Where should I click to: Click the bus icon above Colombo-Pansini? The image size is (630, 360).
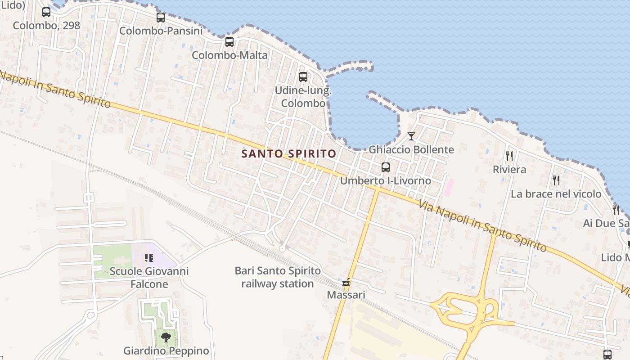pyautogui.click(x=161, y=18)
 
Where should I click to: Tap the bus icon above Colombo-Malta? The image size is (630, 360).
pyautogui.click(x=229, y=42)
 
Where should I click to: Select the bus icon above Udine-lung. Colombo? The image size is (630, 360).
pyautogui.click(x=303, y=76)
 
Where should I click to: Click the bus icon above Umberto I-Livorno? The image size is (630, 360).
pyautogui.click(x=386, y=167)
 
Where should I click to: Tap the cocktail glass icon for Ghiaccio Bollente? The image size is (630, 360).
pyautogui.click(x=411, y=136)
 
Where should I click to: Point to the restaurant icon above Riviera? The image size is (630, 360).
pyautogui.click(x=509, y=156)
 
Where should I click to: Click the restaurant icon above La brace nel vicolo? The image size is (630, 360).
pyautogui.click(x=556, y=180)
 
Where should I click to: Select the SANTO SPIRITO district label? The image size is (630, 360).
pyautogui.click(x=289, y=153)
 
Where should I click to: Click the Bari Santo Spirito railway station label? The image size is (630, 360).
pyautogui.click(x=278, y=277)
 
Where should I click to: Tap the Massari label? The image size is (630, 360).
pyautogui.click(x=346, y=295)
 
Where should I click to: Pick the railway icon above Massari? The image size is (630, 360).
pyautogui.click(x=346, y=283)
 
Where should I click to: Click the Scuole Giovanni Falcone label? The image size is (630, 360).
pyautogui.click(x=149, y=278)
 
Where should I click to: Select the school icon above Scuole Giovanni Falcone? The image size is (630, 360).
pyautogui.click(x=149, y=258)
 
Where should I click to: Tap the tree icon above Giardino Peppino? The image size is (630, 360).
pyautogui.click(x=166, y=337)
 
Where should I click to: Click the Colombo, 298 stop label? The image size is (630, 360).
pyautogui.click(x=46, y=25)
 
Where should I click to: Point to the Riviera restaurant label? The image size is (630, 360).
pyautogui.click(x=509, y=170)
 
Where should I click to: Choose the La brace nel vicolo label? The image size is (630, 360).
pyautogui.click(x=556, y=194)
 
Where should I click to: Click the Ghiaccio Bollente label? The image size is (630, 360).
pyautogui.click(x=411, y=149)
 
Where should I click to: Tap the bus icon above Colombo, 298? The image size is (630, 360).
pyautogui.click(x=46, y=12)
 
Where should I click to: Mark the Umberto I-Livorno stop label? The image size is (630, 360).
pyautogui.click(x=386, y=181)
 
